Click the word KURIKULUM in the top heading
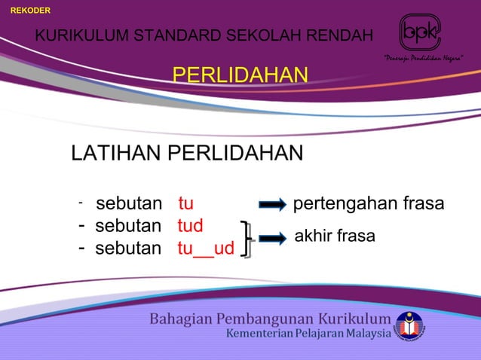click(78, 35)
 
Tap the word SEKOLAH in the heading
click(256, 35)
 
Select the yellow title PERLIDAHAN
click(240, 75)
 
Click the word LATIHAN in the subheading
click(115, 154)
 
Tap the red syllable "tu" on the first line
click(186, 204)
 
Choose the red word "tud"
click(191, 226)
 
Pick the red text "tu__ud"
click(205, 249)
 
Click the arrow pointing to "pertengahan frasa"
click(272, 205)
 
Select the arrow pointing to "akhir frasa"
click(272, 238)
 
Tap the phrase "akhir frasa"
click(334, 236)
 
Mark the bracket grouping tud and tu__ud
click(246, 238)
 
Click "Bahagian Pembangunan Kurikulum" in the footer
click(270, 319)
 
